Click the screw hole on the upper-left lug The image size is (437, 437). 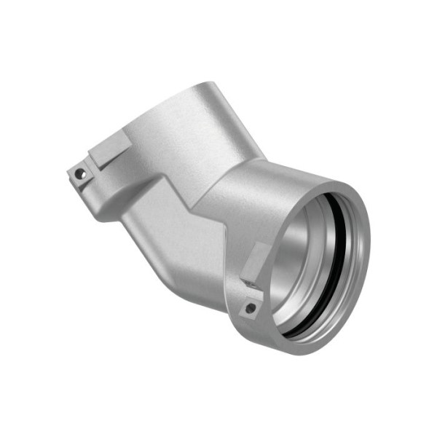(x=80, y=174)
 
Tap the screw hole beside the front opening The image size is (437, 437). (x=250, y=309)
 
